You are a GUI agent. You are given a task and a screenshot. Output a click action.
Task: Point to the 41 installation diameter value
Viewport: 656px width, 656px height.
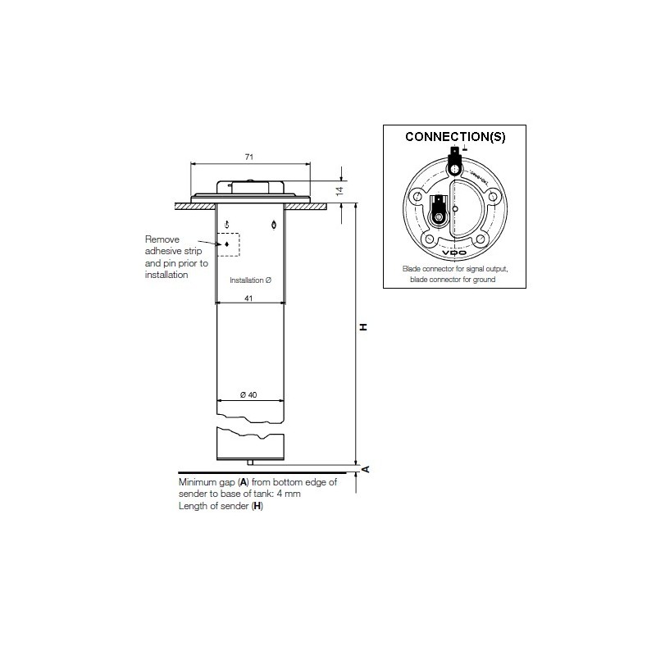tap(248, 299)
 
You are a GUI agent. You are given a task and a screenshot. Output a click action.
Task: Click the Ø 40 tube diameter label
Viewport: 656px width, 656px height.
tap(248, 395)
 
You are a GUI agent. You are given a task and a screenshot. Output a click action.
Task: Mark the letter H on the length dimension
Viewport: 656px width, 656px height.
tap(362, 327)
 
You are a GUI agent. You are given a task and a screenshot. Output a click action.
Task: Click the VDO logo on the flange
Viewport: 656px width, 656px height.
tap(455, 254)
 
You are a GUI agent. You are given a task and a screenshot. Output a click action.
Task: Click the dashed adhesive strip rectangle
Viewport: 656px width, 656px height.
tap(227, 244)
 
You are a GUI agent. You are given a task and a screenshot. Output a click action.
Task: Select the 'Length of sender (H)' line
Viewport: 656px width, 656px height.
tap(221, 507)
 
